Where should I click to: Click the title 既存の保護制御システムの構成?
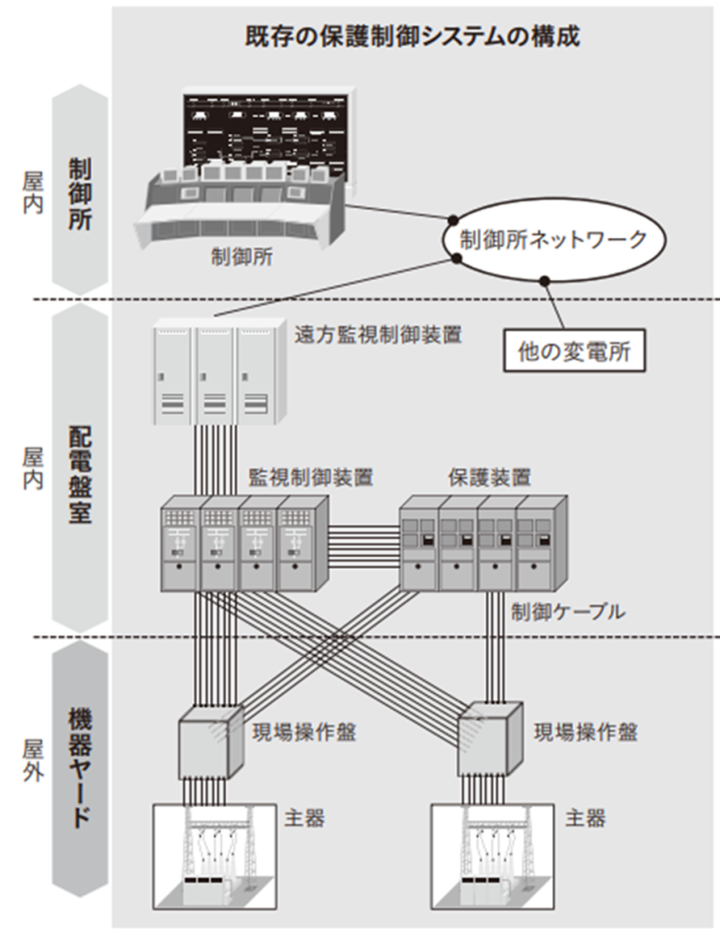pyautogui.click(x=412, y=37)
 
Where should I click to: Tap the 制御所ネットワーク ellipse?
pyautogui.click(x=553, y=240)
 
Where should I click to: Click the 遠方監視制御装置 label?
pyautogui.click(x=378, y=335)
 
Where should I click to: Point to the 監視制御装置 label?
pyautogui.click(x=310, y=477)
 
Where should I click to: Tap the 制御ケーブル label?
pyautogui.click(x=568, y=613)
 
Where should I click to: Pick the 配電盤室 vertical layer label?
pyautogui.click(x=80, y=473)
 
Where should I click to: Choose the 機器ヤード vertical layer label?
pyautogui.click(x=80, y=769)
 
